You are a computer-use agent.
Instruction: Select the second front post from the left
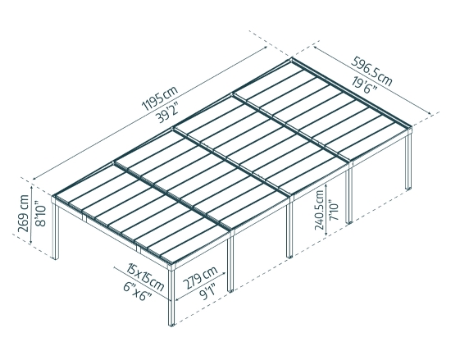pyautogui.click(x=231, y=262)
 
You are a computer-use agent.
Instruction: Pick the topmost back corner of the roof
pyautogui.click(x=293, y=60)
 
